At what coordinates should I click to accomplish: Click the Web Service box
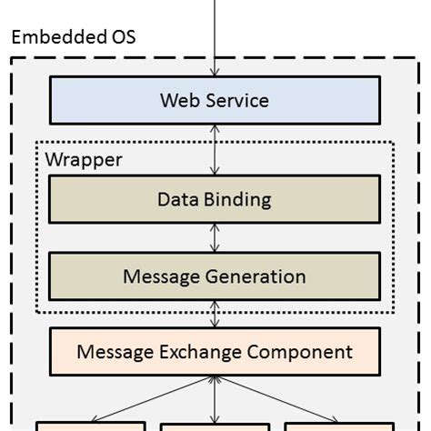(x=215, y=100)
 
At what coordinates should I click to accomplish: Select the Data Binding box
(x=215, y=199)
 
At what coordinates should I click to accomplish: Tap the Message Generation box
(x=215, y=276)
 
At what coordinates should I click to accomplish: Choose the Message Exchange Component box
(x=215, y=351)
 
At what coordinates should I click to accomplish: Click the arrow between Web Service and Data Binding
(x=215, y=150)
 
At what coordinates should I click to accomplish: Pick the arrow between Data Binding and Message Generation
(x=215, y=237)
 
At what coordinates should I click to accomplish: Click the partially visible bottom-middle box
(x=215, y=426)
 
